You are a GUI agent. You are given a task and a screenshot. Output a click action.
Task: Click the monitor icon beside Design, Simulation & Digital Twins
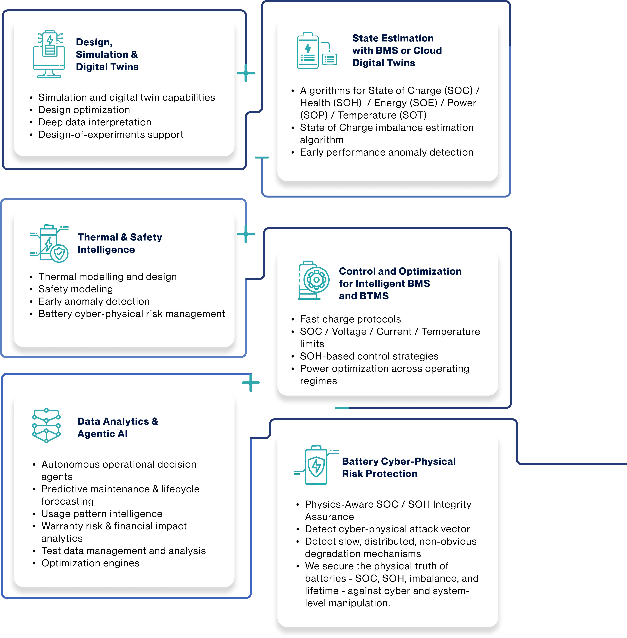(49, 54)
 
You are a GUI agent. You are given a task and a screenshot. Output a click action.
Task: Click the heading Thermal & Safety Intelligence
(120, 243)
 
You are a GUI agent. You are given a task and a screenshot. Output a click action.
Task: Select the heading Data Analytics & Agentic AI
(118, 428)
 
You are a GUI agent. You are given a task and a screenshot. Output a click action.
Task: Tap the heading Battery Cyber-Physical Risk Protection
(398, 467)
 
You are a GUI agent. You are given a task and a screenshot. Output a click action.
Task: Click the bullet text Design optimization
(84, 110)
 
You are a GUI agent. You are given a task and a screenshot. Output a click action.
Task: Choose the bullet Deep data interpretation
(95, 122)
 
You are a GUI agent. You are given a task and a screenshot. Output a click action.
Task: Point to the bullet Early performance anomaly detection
(386, 152)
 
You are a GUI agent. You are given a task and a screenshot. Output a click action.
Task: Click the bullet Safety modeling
(75, 289)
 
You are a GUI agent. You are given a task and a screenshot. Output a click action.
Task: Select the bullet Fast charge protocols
(350, 319)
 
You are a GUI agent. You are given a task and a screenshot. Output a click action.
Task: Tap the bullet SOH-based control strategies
(369, 356)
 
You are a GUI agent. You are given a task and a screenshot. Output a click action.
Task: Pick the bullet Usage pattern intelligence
(102, 514)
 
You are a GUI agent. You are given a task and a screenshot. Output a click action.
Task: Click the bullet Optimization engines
(90, 563)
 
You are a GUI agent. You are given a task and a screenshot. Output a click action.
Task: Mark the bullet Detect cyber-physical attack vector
(387, 529)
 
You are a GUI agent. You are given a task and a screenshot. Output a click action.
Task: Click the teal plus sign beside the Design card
(246, 73)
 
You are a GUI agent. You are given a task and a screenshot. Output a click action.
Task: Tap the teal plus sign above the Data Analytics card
(251, 382)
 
